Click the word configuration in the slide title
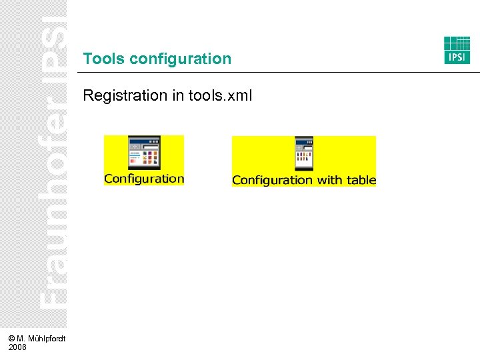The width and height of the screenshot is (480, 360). coord(181,59)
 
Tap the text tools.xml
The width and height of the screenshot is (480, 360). coord(221,95)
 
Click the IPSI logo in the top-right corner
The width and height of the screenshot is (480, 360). coord(457,50)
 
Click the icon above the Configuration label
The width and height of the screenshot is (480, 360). coord(144,153)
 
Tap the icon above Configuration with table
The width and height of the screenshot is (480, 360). coord(304,154)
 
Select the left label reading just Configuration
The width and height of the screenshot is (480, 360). coord(144,179)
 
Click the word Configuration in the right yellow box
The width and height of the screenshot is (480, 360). coord(263,180)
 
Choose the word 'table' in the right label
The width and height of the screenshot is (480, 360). coord(361,180)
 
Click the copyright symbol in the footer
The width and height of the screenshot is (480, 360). coord(12,339)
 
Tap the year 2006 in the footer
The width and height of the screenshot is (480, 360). coord(18,347)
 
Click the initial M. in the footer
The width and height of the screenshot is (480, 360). coord(21,339)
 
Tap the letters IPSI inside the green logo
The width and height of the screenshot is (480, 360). coord(457,57)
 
